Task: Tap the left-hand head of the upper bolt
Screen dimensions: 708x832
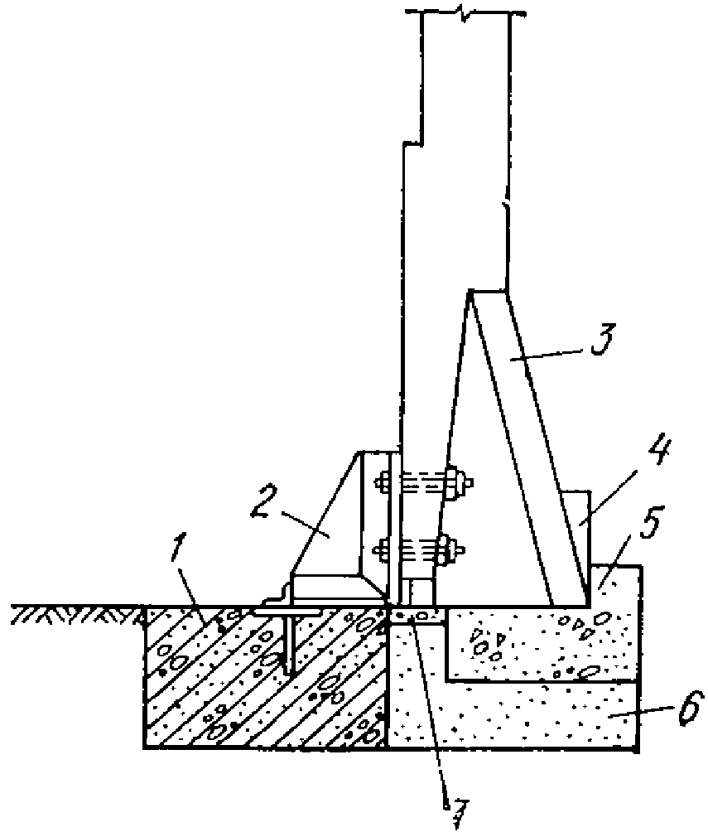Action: pos(384,481)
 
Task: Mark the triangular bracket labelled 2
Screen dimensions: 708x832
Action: pos(331,530)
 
